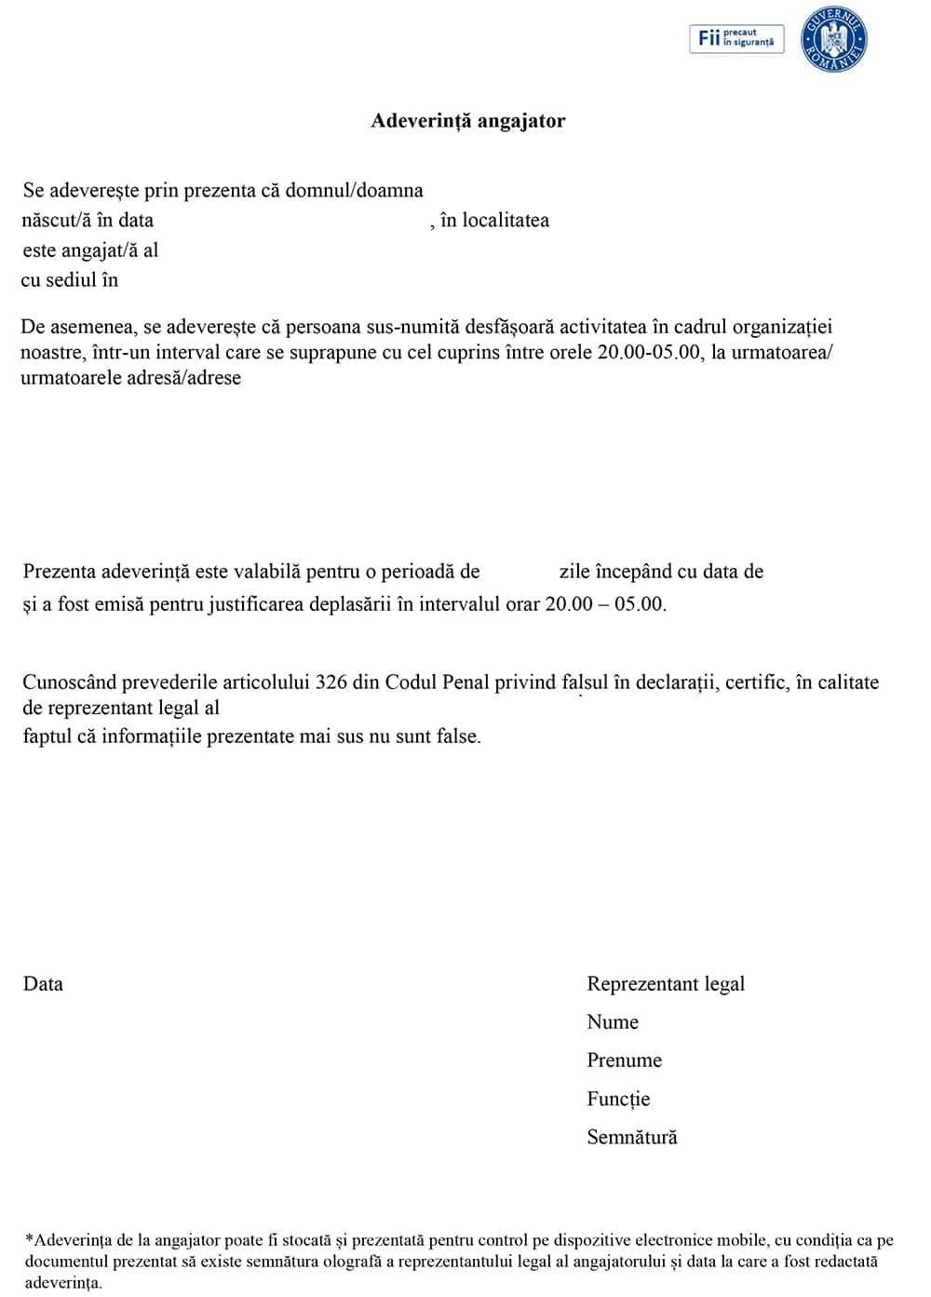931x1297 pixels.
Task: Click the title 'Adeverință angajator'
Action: (x=467, y=121)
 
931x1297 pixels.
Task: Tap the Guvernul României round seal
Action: (x=833, y=40)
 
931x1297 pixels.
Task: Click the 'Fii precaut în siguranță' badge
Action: (x=735, y=39)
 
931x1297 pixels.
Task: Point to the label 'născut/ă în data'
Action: (x=88, y=221)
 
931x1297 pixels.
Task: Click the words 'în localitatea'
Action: (x=494, y=221)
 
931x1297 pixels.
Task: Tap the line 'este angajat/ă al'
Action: (x=90, y=250)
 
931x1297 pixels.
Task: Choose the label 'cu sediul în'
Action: (x=70, y=280)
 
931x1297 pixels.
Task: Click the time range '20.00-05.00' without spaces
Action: (x=649, y=353)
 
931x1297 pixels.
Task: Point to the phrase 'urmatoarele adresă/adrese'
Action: (x=130, y=378)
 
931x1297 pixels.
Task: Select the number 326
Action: (x=331, y=682)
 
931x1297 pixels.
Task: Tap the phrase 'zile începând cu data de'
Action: (x=661, y=572)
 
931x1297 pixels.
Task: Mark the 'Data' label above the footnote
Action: (x=43, y=984)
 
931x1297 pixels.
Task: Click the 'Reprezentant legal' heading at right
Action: (x=666, y=984)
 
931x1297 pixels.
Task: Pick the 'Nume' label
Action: (x=613, y=1022)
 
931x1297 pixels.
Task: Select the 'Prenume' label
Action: (x=624, y=1061)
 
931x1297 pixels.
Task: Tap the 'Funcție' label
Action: (x=618, y=1099)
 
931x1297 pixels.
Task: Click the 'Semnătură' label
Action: (x=631, y=1137)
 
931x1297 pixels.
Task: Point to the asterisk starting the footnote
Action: (x=29, y=1239)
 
